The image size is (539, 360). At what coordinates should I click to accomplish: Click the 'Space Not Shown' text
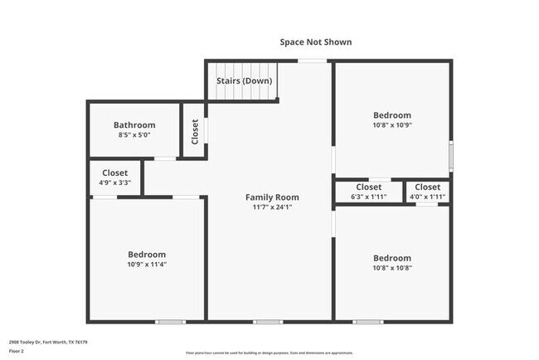click(315, 41)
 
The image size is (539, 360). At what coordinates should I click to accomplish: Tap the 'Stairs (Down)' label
click(245, 81)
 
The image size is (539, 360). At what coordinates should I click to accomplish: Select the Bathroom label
click(134, 125)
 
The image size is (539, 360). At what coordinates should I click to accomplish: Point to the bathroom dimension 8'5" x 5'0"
click(134, 135)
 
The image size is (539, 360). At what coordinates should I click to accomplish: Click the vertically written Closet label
click(195, 132)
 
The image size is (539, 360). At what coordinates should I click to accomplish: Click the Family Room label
click(272, 197)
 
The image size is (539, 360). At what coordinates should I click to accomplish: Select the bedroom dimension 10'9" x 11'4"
click(147, 265)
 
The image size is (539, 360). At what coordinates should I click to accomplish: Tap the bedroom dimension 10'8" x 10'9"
click(391, 125)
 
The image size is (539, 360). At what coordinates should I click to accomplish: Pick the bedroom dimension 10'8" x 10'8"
click(391, 268)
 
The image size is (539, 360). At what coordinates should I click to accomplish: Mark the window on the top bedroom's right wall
click(451, 155)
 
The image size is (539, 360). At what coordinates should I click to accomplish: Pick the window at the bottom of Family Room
click(267, 321)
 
